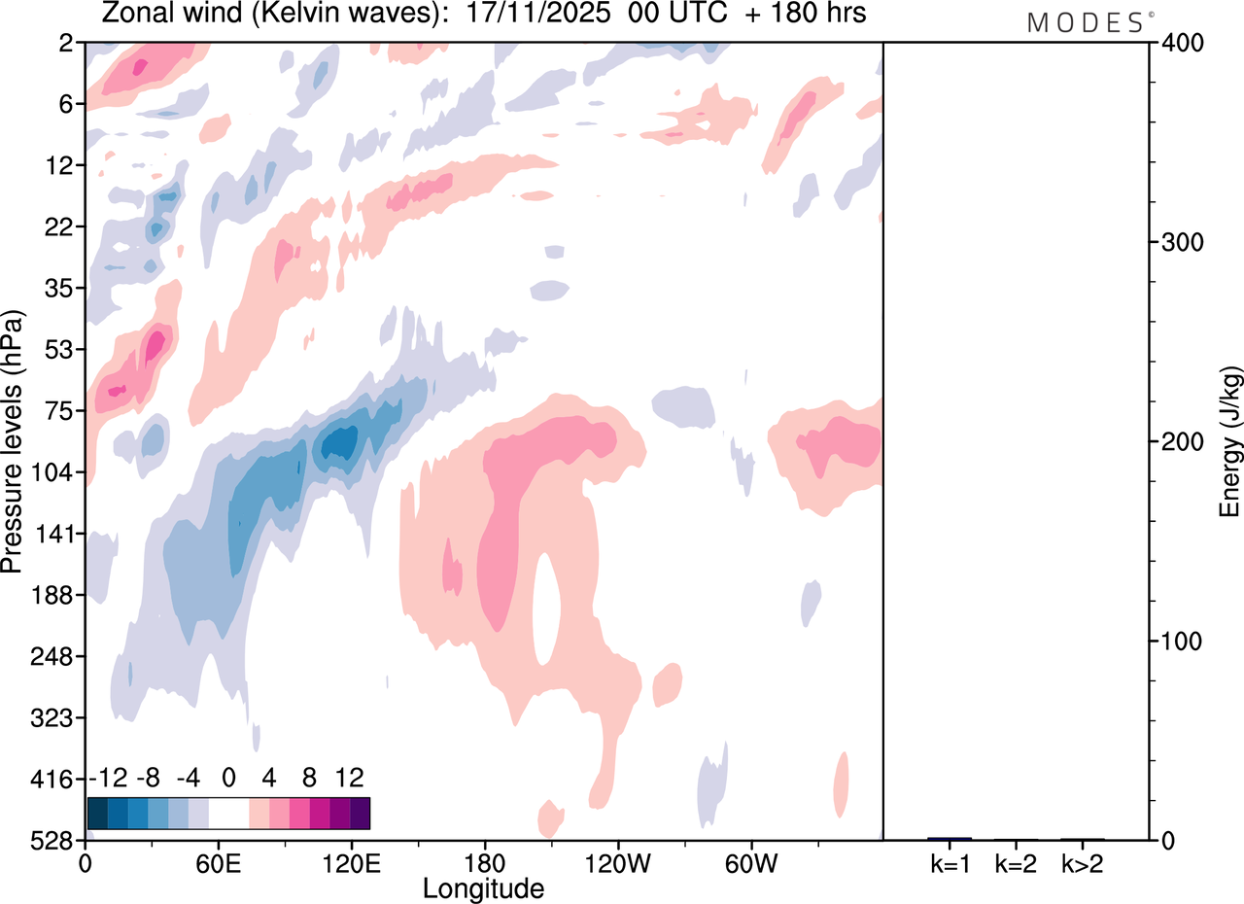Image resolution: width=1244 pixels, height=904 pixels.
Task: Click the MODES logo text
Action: click(x=1085, y=23)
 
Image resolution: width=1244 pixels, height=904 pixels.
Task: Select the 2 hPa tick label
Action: click(x=68, y=43)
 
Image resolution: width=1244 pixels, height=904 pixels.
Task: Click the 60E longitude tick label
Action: click(x=218, y=861)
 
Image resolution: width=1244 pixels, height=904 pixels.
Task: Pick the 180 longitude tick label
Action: click(x=484, y=861)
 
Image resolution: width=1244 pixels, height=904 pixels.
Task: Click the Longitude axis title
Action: click(x=483, y=887)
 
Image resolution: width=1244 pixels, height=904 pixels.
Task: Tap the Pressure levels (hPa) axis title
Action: click(x=14, y=442)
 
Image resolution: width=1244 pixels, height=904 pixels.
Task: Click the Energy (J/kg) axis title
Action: click(x=1230, y=442)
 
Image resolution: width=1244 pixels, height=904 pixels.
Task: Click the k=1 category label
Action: click(x=950, y=863)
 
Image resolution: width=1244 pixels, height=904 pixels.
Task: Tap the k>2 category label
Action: click(x=1082, y=863)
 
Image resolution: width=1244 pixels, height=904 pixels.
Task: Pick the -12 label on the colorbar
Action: click(x=108, y=778)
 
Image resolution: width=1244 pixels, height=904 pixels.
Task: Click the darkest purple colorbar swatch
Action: click(x=360, y=813)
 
